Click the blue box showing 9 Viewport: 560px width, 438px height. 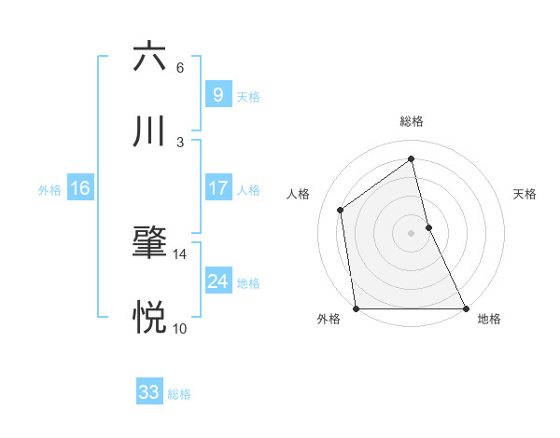point(217,94)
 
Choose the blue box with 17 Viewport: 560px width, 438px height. point(217,188)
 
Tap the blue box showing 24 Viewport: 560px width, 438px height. point(217,281)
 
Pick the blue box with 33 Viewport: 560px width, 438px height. point(149,392)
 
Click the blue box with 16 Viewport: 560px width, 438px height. point(80,188)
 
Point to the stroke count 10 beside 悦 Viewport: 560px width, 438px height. point(179,328)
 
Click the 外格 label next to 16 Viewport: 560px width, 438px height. point(49,190)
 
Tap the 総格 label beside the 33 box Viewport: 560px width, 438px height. point(179,394)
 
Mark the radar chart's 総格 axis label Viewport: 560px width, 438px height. point(411,122)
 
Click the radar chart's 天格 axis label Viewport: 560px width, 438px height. point(525,194)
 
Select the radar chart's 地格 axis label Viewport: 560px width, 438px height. point(489,319)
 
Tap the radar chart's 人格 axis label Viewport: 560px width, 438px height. point(299,194)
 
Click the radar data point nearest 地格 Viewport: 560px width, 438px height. point(466,308)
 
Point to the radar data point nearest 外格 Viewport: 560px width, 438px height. point(356,308)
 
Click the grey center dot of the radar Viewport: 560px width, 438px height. point(411,232)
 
